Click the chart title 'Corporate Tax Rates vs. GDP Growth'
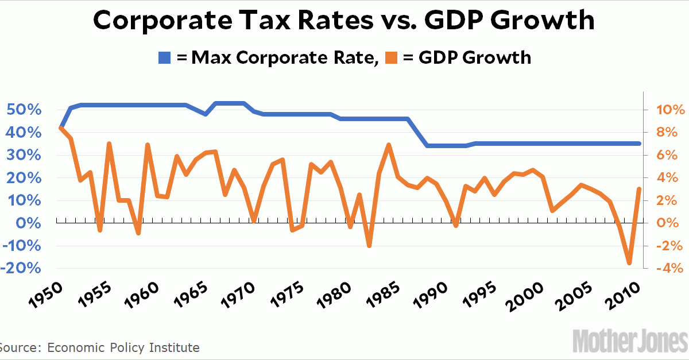(x=344, y=21)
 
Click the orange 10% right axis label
(x=666, y=110)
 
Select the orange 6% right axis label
(x=666, y=155)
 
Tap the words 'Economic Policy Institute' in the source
(x=123, y=347)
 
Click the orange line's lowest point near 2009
(x=630, y=264)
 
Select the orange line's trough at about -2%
(x=369, y=246)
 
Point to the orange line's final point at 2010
(x=640, y=188)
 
